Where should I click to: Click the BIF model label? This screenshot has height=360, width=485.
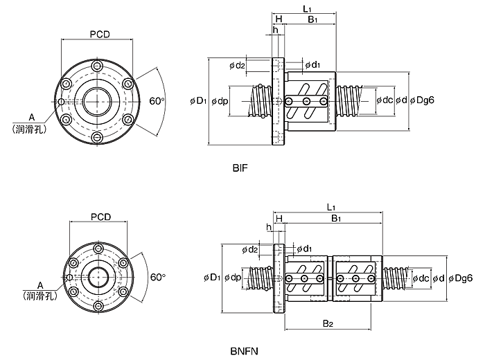(x=240, y=168)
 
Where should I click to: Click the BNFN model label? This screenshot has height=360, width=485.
(x=244, y=352)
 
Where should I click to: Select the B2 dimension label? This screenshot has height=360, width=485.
(x=328, y=323)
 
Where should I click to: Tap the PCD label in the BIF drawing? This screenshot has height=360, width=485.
(x=100, y=34)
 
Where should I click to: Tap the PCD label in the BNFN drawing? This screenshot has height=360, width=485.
(x=100, y=217)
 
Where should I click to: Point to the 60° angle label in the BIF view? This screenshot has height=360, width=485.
(x=157, y=101)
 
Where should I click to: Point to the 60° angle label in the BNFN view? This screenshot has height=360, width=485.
(x=158, y=277)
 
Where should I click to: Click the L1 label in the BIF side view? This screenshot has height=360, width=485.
(x=307, y=9)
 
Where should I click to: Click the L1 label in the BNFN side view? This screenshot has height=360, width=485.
(x=331, y=207)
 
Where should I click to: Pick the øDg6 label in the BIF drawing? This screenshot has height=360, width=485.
(x=422, y=100)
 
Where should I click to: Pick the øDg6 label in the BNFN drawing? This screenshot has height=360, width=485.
(x=461, y=278)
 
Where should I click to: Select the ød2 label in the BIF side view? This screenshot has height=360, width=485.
(x=237, y=66)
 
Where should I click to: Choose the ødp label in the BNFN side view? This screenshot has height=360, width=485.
(x=233, y=278)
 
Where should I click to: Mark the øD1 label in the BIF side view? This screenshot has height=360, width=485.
(x=198, y=101)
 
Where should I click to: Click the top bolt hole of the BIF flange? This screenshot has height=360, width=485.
(x=97, y=66)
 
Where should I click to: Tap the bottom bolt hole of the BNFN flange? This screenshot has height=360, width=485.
(x=98, y=306)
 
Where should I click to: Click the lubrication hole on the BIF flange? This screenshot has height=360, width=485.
(x=61, y=102)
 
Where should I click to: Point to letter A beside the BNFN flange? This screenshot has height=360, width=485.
(x=39, y=285)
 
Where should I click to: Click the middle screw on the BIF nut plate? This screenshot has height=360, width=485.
(x=306, y=101)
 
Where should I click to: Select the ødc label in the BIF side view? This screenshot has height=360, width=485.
(x=385, y=100)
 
